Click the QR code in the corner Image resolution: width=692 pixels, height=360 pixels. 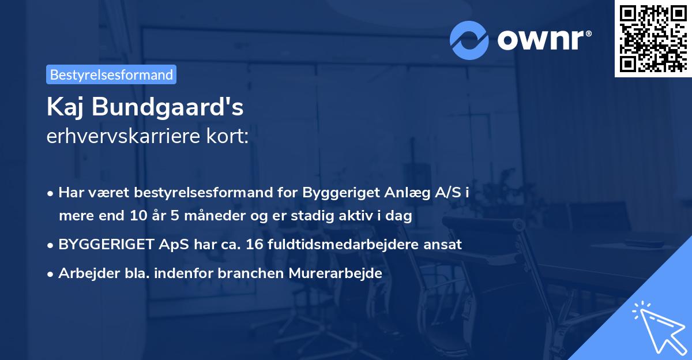coord(653,39)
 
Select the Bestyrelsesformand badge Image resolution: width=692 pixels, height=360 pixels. coord(111,74)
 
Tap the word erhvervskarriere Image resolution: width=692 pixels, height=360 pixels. coord(121,136)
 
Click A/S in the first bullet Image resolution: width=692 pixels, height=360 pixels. coord(448,193)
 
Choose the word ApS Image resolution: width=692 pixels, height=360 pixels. coord(171,244)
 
